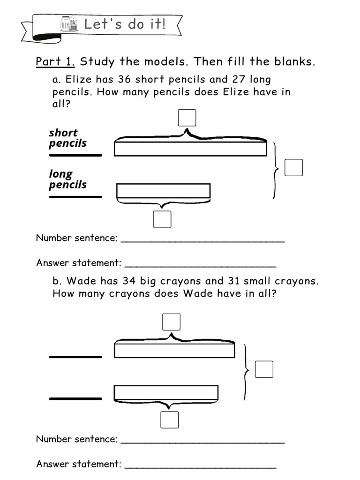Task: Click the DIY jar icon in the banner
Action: (x=69, y=23)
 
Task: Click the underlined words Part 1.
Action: (x=56, y=62)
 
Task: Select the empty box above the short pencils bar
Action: (x=187, y=118)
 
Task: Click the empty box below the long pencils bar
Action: (x=162, y=219)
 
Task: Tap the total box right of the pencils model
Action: (x=293, y=167)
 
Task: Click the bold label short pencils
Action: (x=67, y=138)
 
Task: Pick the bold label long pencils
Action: (x=67, y=179)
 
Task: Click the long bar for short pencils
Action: (x=190, y=149)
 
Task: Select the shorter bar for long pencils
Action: (x=163, y=191)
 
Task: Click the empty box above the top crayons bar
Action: (x=171, y=322)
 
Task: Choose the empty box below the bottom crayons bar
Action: (x=169, y=420)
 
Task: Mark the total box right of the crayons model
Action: (x=264, y=369)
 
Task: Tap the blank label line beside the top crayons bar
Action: (x=75, y=357)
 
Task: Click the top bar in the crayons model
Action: (x=174, y=351)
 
